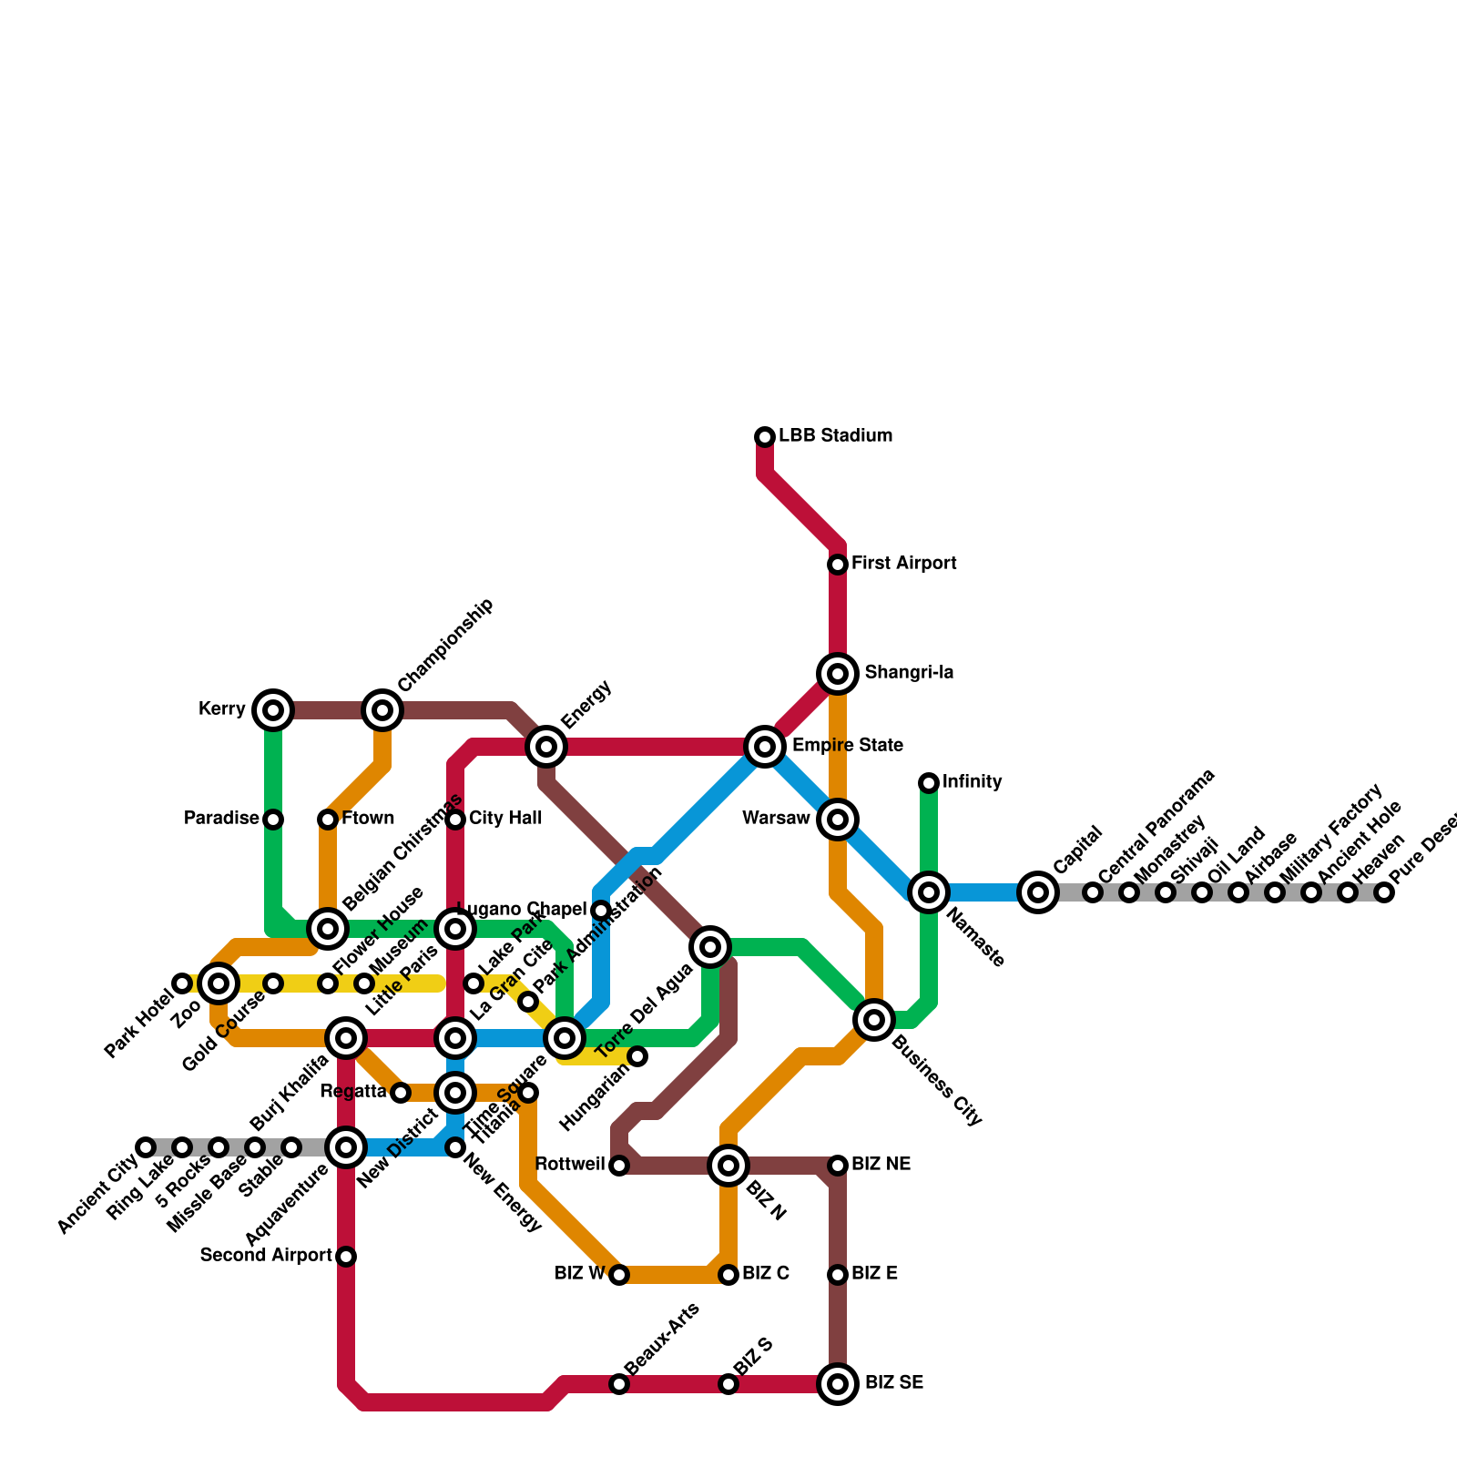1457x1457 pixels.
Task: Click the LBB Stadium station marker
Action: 765,437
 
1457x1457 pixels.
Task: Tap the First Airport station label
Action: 903,564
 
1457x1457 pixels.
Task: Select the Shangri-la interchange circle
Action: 838,674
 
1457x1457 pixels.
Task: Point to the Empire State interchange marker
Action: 765,747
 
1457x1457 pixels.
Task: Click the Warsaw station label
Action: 776,819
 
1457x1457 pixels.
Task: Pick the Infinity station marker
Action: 929,782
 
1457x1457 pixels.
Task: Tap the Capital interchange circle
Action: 1038,892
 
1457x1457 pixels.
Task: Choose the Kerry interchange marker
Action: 273,710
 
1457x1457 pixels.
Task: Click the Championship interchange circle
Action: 382,710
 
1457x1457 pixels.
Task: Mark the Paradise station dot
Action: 273,820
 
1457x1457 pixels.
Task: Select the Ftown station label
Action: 368,819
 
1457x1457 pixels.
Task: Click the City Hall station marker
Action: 456,820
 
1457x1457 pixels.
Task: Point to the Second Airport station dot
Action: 346,1257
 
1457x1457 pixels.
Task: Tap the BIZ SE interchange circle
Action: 838,1384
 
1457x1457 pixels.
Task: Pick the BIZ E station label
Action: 874,1274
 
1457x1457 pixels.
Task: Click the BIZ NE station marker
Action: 838,1166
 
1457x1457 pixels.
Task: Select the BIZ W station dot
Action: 619,1275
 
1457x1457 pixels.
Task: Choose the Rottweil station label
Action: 570,1165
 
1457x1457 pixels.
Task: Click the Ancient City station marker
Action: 146,1147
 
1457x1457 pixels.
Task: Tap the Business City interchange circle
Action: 874,1020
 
